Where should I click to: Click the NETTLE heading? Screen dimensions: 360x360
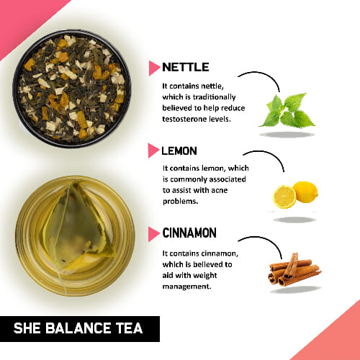(186, 67)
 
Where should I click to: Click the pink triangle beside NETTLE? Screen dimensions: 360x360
(153, 68)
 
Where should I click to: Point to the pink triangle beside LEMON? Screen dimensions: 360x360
(153, 151)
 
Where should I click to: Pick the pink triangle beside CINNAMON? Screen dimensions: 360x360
(153, 233)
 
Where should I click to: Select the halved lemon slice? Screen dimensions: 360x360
(284, 197)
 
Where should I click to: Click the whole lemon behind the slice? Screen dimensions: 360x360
(306, 191)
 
